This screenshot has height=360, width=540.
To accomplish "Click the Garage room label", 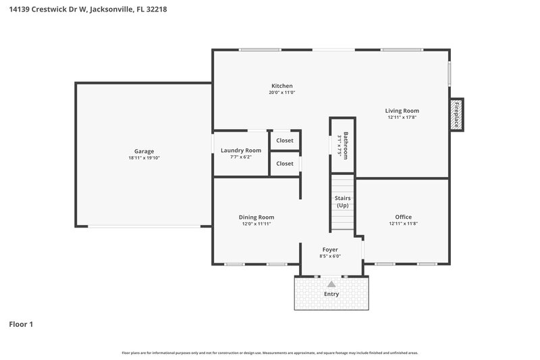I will click(x=144, y=151).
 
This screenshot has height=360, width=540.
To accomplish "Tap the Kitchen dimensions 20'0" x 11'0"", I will click(x=281, y=93).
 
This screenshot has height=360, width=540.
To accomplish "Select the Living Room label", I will click(x=402, y=111).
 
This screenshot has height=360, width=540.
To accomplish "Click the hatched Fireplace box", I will click(x=457, y=114).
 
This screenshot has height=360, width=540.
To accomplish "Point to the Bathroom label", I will click(x=345, y=145).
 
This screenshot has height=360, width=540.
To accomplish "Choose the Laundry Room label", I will click(x=240, y=150).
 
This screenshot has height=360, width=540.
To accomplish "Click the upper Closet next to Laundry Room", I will click(x=285, y=140).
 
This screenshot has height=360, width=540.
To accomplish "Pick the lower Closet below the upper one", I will click(x=285, y=163).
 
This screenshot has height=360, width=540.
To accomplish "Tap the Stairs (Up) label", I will click(x=343, y=202).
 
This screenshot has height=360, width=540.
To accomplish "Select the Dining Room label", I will click(x=256, y=217).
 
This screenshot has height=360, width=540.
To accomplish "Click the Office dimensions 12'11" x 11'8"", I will click(x=403, y=224).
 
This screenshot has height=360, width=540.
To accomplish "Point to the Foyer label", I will click(x=330, y=249).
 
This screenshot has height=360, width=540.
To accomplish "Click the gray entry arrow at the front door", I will click(x=331, y=284).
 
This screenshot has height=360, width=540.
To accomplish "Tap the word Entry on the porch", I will click(x=331, y=294).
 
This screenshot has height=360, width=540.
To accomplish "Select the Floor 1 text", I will click(x=21, y=324).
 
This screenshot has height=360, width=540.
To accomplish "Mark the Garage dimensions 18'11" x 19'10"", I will click(x=144, y=158).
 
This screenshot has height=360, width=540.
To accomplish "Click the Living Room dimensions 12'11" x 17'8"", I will click(x=402, y=118).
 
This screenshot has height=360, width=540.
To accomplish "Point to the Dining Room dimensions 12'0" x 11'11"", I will click(x=256, y=224).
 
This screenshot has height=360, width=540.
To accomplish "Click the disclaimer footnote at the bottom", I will click(x=270, y=353).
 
